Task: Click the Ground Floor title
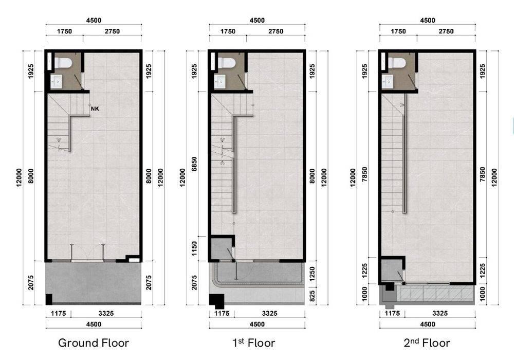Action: [x=94, y=343]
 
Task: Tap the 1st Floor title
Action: [x=254, y=343]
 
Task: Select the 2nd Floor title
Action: [x=427, y=343]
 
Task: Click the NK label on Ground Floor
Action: [x=95, y=109]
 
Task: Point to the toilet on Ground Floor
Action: [x=63, y=63]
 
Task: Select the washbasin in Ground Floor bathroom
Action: [x=56, y=82]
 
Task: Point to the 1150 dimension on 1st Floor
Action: [x=194, y=249]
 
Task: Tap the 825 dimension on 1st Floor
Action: [x=312, y=296]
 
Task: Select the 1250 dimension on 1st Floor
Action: [x=312, y=274]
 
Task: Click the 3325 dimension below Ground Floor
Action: [x=106, y=313]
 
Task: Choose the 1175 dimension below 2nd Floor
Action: [x=392, y=313]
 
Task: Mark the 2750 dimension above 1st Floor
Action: [x=276, y=31]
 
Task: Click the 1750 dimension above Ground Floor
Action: [x=64, y=31]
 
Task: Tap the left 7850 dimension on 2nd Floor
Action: [x=364, y=175]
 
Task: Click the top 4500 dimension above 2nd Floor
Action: [x=428, y=21]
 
